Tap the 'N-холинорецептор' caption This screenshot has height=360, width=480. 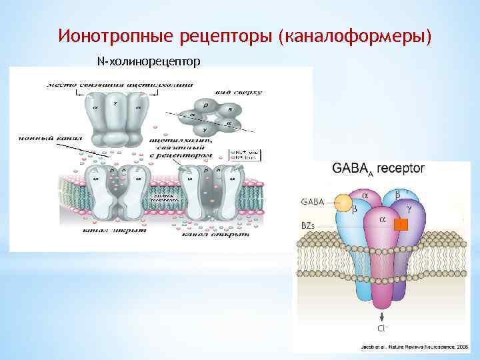click(x=148, y=62)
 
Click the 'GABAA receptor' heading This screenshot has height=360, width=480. click(x=378, y=169)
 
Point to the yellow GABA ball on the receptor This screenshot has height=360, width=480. click(x=343, y=202)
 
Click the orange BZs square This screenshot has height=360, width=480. click(x=400, y=225)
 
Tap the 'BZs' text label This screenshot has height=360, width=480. click(x=309, y=226)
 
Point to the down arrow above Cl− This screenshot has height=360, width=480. click(x=382, y=315)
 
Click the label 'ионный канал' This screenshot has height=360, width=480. click(x=41, y=139)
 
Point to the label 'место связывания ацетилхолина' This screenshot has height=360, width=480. click(x=120, y=85)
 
